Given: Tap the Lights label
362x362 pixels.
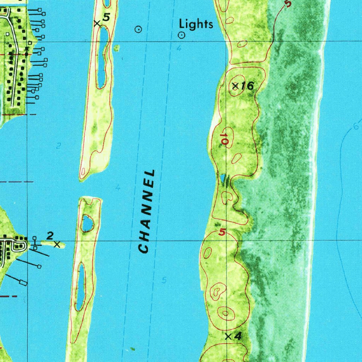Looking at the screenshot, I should pyautogui.click(x=196, y=24).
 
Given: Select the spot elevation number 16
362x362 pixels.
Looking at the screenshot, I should pyautogui.click(x=248, y=86).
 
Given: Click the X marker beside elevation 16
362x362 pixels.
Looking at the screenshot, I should pyautogui.click(x=235, y=86).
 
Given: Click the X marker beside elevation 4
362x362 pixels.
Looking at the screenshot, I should pyautogui.click(x=228, y=337).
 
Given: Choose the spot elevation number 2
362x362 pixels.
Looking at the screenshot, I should pyautogui.click(x=50, y=235).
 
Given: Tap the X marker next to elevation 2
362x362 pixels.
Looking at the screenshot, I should pyautogui.click(x=57, y=244).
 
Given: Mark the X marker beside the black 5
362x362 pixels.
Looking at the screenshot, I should pyautogui.click(x=97, y=23).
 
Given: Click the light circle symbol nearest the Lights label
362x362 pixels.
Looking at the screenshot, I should pyautogui.click(x=181, y=35).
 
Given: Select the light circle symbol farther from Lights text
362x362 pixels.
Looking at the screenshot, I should pyautogui.click(x=139, y=30).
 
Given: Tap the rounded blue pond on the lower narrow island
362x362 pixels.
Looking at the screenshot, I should pyautogui.click(x=87, y=223).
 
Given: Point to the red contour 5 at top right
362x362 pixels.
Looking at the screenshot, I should pyautogui.click(x=288, y=4).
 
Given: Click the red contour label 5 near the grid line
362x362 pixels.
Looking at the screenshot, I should pyautogui.click(x=222, y=233).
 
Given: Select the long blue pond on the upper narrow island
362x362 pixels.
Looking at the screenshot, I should pyautogui.click(x=102, y=57).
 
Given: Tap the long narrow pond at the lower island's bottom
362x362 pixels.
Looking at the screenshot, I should pyautogui.click(x=81, y=286).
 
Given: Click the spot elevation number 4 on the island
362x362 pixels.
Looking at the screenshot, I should pyautogui.click(x=238, y=337).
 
